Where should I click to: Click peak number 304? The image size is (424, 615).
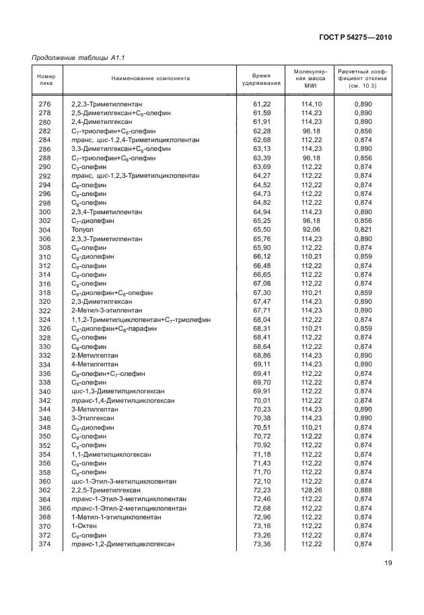pyautogui.click(x=44, y=229)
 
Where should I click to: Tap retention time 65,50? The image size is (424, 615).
pyautogui.click(x=261, y=229)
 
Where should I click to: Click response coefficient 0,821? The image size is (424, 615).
pyautogui.click(x=363, y=229)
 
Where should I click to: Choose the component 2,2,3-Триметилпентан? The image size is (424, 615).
pyautogui.click(x=106, y=105)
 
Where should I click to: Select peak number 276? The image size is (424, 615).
pyautogui.click(x=44, y=105)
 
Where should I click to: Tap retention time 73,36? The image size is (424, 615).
pyautogui.click(x=261, y=544)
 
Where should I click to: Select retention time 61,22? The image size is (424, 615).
pyautogui.click(x=261, y=105)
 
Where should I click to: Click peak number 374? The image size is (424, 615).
pyautogui.click(x=44, y=544)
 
